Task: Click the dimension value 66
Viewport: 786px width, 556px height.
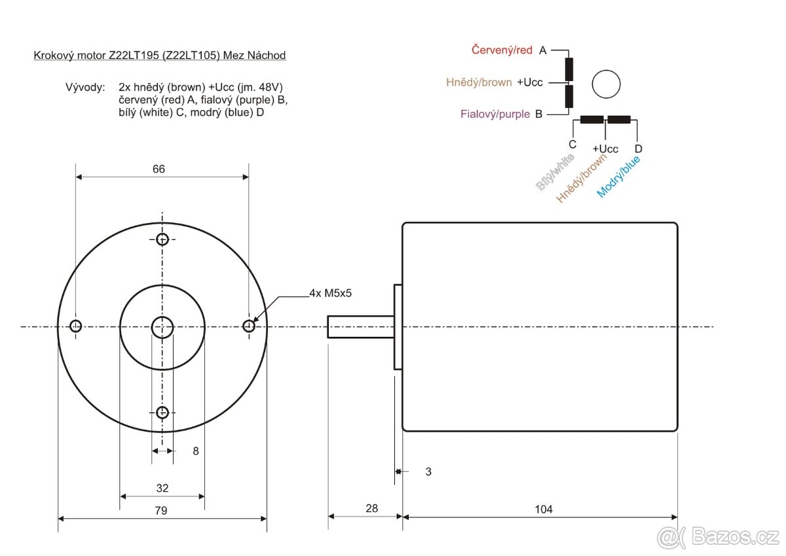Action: pos(159,169)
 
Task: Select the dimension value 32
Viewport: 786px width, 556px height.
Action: pos(162,488)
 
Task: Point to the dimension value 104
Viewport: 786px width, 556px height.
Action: pos(543,509)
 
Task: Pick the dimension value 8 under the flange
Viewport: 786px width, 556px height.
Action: pos(195,451)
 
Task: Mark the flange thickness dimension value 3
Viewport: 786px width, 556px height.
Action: pos(428,471)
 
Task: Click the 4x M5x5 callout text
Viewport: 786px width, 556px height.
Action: pos(331,293)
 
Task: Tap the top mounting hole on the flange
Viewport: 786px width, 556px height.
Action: pos(162,239)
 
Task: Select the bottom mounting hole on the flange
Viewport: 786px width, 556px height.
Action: pos(162,412)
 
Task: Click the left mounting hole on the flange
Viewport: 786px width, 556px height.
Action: pos(76,326)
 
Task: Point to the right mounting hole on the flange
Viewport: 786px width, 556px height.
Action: pos(249,326)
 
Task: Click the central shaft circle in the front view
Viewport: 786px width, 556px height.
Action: pos(162,326)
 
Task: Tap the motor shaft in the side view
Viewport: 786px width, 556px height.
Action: pos(360,326)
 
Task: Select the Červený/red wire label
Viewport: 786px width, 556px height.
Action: pos(502,50)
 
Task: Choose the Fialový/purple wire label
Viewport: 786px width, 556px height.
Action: pos(495,114)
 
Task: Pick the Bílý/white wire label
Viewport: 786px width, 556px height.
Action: pos(555,172)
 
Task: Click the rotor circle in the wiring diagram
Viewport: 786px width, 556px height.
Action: pos(606,84)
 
